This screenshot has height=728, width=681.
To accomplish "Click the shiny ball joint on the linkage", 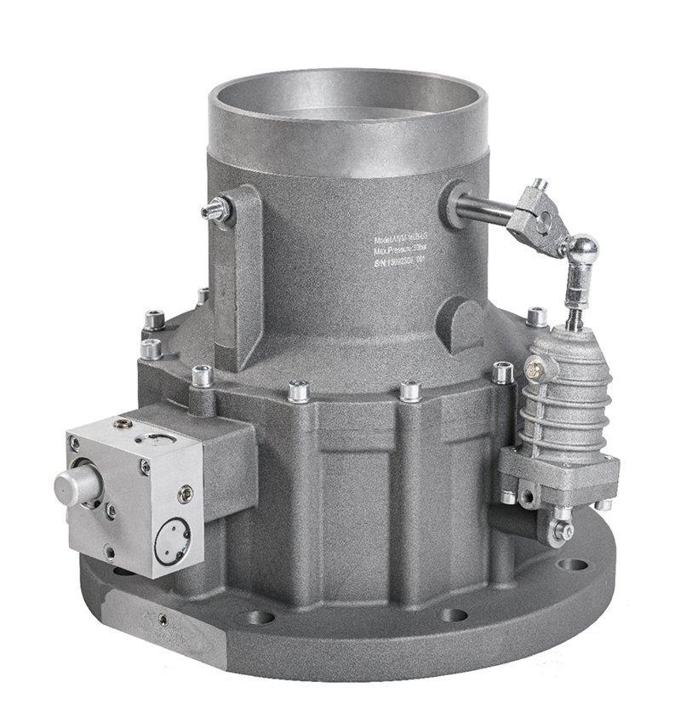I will tap(584, 249).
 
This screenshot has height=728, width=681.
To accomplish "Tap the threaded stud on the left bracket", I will tap(215, 210).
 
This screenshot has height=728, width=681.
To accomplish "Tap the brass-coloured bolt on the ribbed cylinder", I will tap(534, 369).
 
